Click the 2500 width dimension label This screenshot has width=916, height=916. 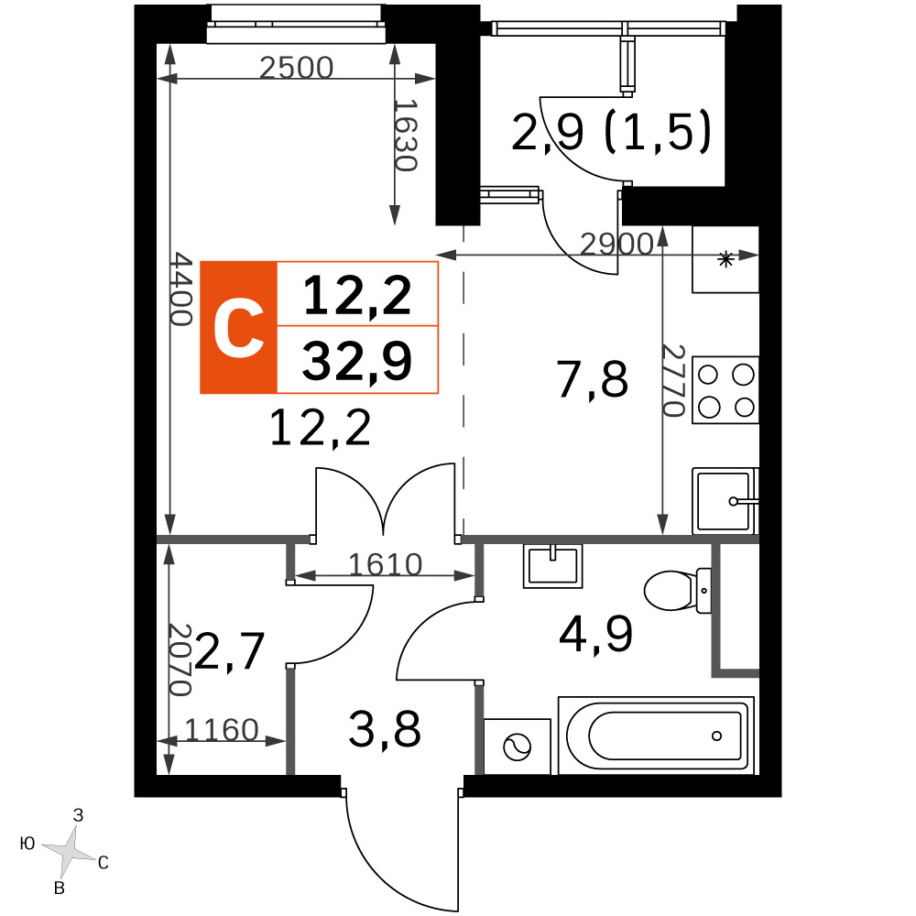[x=296, y=68]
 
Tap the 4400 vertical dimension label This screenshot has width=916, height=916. [x=181, y=289]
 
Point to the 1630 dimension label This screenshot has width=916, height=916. [x=406, y=135]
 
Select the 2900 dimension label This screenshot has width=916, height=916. [x=616, y=244]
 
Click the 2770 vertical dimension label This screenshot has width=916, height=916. [x=673, y=380]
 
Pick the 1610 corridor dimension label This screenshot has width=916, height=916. [x=386, y=564]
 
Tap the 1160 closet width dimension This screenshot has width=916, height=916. [x=222, y=730]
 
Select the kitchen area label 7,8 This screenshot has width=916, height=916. [x=593, y=380]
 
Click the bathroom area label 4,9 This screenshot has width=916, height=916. [x=595, y=635]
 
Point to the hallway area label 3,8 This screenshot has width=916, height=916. [x=385, y=730]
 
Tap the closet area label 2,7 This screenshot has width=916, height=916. [x=230, y=650]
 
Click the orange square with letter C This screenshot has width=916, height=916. [x=238, y=328]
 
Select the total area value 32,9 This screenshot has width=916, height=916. [x=357, y=361]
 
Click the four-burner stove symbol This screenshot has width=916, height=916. [x=725, y=389]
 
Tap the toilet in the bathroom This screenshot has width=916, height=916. [x=678, y=590]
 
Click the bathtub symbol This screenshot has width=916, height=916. [x=657, y=736]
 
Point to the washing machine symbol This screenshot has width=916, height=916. [x=517, y=747]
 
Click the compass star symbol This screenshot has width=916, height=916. [x=70, y=849]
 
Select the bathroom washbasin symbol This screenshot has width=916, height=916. [x=553, y=565]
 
